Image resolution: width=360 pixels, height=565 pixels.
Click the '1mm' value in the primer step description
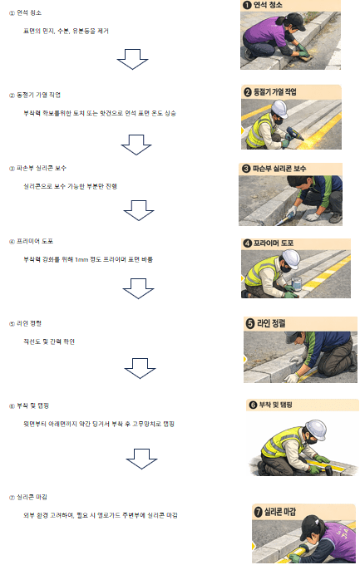[81, 259]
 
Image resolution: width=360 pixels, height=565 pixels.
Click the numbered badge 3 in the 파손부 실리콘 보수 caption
[246, 168]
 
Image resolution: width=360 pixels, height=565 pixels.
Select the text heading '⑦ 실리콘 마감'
[32, 497]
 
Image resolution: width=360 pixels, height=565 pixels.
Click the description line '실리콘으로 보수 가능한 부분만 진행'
[71, 186]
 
